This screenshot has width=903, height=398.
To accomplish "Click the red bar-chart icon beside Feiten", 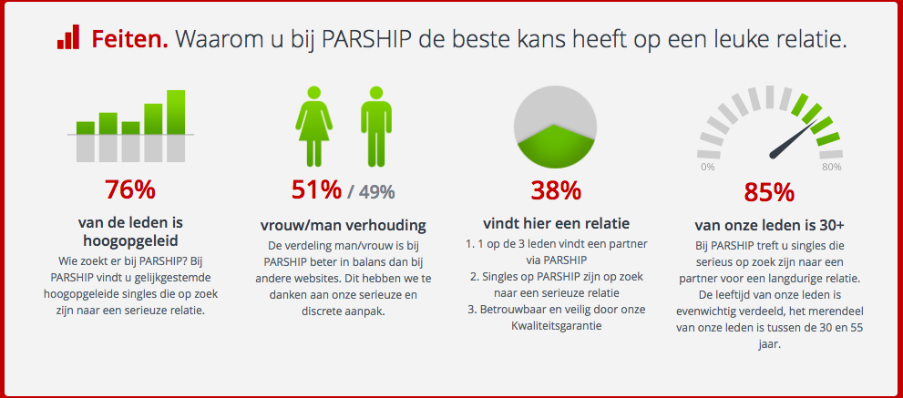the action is (68, 37).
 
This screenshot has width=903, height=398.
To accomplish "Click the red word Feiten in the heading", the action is (129, 38).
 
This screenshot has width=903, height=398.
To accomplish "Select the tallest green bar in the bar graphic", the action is (176, 112).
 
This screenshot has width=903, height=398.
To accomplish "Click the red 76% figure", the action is (129, 190).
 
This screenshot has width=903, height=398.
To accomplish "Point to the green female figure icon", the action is (313, 126).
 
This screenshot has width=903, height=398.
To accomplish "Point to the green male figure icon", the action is (376, 126).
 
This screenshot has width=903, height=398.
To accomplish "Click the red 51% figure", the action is (316, 190).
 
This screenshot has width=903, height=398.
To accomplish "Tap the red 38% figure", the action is (556, 190).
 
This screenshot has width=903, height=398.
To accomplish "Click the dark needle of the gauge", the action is (794, 138).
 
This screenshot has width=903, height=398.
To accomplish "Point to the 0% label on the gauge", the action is (708, 167).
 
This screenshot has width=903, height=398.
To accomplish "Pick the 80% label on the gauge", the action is (832, 167).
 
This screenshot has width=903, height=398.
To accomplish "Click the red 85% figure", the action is (769, 192).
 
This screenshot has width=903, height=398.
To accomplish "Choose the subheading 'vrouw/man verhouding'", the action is (344, 225).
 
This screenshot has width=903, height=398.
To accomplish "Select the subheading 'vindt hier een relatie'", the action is (556, 223).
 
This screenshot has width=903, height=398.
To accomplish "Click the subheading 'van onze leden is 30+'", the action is (769, 225).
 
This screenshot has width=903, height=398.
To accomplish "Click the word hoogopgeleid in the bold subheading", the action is (129, 239).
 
